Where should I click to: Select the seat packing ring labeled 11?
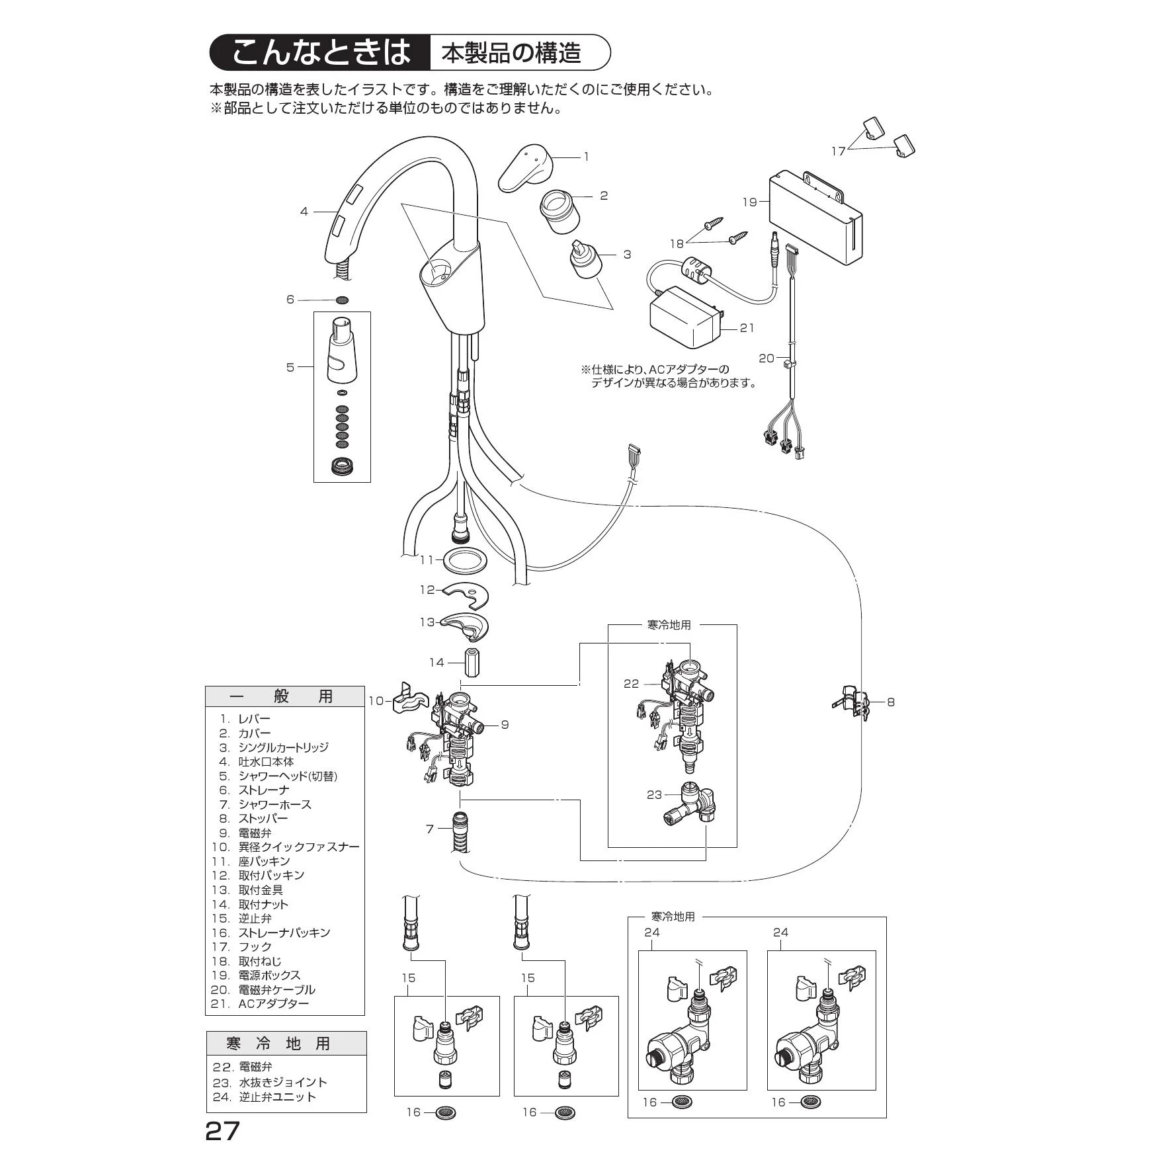[465, 560]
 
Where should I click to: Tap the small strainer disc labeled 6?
[342, 300]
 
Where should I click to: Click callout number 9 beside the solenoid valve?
[505, 725]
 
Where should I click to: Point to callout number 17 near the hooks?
[838, 151]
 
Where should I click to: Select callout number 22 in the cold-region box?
[631, 684]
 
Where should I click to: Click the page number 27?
[222, 1132]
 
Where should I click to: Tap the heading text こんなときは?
[321, 53]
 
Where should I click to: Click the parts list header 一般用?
[284, 696]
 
